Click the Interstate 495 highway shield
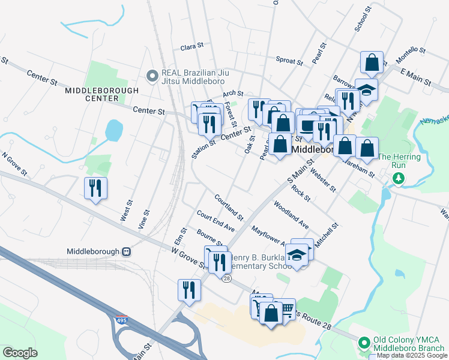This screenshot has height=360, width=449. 122,320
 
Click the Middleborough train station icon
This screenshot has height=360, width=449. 126,251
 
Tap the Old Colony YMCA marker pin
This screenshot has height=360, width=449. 363,344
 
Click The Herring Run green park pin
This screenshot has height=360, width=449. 397,178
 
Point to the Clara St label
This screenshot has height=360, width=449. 193,46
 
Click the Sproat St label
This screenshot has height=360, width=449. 289,59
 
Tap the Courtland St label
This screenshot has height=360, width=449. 229,206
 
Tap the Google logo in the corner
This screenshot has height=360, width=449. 20,352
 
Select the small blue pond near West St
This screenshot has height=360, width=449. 113,130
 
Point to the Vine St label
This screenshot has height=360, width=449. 144,212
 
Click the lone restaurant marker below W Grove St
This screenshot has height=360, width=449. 188,290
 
